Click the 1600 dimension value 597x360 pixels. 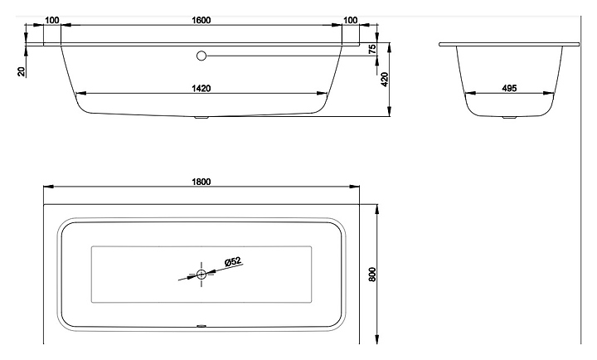(x=201, y=19)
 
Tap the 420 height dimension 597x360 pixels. (x=385, y=80)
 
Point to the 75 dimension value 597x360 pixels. (x=372, y=50)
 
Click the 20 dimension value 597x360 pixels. (x=22, y=72)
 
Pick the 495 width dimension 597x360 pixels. (x=511, y=88)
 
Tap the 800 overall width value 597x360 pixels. (x=372, y=273)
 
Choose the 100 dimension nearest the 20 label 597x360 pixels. (x=51, y=19)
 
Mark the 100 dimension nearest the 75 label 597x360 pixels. (x=350, y=19)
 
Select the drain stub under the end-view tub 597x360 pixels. (x=509, y=118)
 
